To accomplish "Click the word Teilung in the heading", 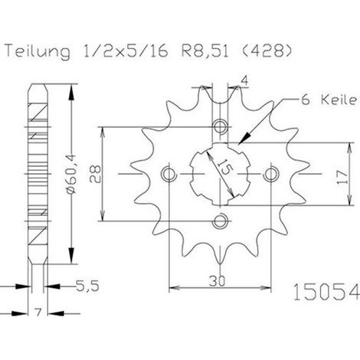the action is point(38,51).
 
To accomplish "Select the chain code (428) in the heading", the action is point(266,51).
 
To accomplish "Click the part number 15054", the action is point(326,292).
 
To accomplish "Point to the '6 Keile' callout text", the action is point(329,100).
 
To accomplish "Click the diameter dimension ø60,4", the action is point(71,174).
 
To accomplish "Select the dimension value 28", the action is point(95,174).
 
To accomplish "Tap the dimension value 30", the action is point(218,281).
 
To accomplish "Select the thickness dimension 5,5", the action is point(87,286).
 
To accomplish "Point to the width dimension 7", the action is point(38,313).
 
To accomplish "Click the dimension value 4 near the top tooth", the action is point(244,81).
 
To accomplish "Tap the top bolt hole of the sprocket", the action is point(220,126).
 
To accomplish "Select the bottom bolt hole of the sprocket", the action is point(220,221).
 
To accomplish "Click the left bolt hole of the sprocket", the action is point(169,174).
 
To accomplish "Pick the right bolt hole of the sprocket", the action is point(271,174).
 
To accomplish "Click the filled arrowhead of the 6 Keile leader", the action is point(244,138).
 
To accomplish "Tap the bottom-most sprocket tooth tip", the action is point(220,263).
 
